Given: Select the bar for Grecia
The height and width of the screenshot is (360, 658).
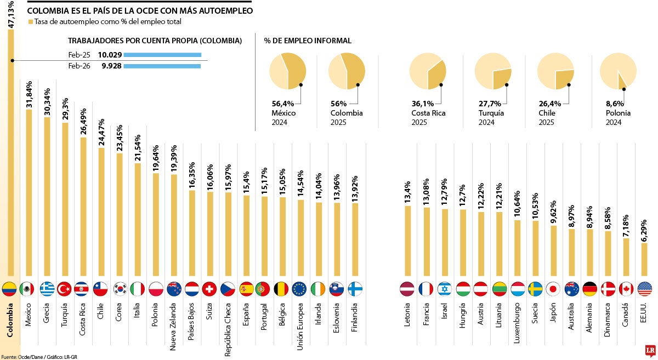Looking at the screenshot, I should (x=47, y=197).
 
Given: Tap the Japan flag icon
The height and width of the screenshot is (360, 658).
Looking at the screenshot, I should (x=553, y=289).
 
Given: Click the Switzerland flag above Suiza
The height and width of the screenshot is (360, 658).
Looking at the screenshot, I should (x=209, y=289).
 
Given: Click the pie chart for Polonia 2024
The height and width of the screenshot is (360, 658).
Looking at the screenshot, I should (x=618, y=71).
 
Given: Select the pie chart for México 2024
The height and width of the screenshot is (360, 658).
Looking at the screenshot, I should (x=287, y=71).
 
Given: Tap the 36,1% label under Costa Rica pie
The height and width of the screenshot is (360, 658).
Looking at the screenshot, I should (x=422, y=103).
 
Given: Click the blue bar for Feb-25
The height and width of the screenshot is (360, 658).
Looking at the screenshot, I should (x=163, y=55).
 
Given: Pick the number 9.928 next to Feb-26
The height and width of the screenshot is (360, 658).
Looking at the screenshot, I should (x=111, y=66).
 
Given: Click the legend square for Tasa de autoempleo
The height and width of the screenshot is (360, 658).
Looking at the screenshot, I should (x=30, y=22).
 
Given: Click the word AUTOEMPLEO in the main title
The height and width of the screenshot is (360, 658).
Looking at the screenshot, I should (x=225, y=10).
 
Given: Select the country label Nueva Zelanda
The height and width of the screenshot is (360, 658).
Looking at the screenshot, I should (x=173, y=328).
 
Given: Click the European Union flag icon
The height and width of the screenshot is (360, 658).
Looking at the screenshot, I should (x=299, y=289).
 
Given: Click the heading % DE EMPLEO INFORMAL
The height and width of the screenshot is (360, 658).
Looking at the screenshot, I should (x=308, y=41).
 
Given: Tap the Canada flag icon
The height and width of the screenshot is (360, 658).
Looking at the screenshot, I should (x=626, y=289).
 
